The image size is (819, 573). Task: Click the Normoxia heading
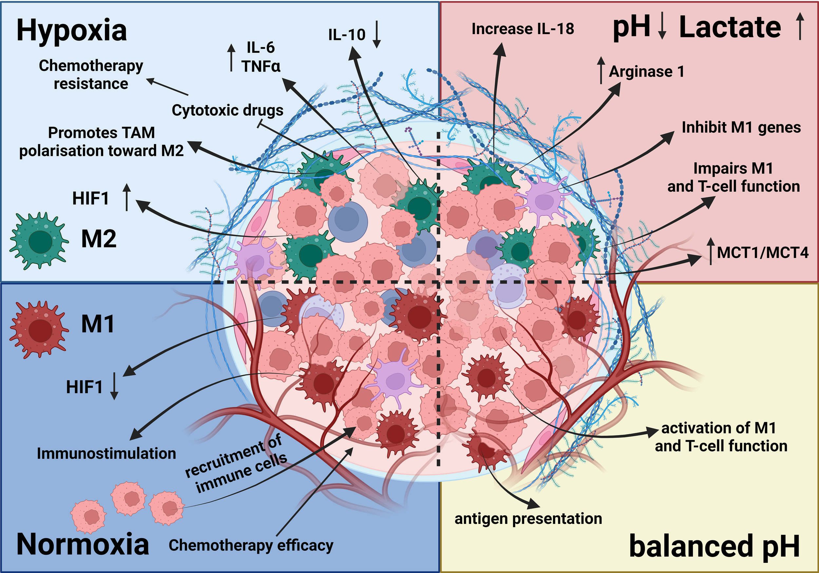point(83,545)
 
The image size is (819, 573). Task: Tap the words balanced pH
point(714,546)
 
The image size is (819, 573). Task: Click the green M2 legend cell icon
point(39,241)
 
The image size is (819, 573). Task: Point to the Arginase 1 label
point(646,72)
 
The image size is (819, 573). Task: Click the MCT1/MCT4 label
point(763,253)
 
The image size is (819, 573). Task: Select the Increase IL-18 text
point(523,29)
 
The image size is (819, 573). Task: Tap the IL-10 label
point(347,35)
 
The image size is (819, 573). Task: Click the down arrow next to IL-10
point(376,35)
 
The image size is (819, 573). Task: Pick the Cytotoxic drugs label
point(228,110)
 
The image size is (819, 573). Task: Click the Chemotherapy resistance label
point(91,75)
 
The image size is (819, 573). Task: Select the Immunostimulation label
point(106,453)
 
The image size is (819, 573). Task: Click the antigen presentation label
point(528,518)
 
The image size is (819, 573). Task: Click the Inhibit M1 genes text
point(741,128)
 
